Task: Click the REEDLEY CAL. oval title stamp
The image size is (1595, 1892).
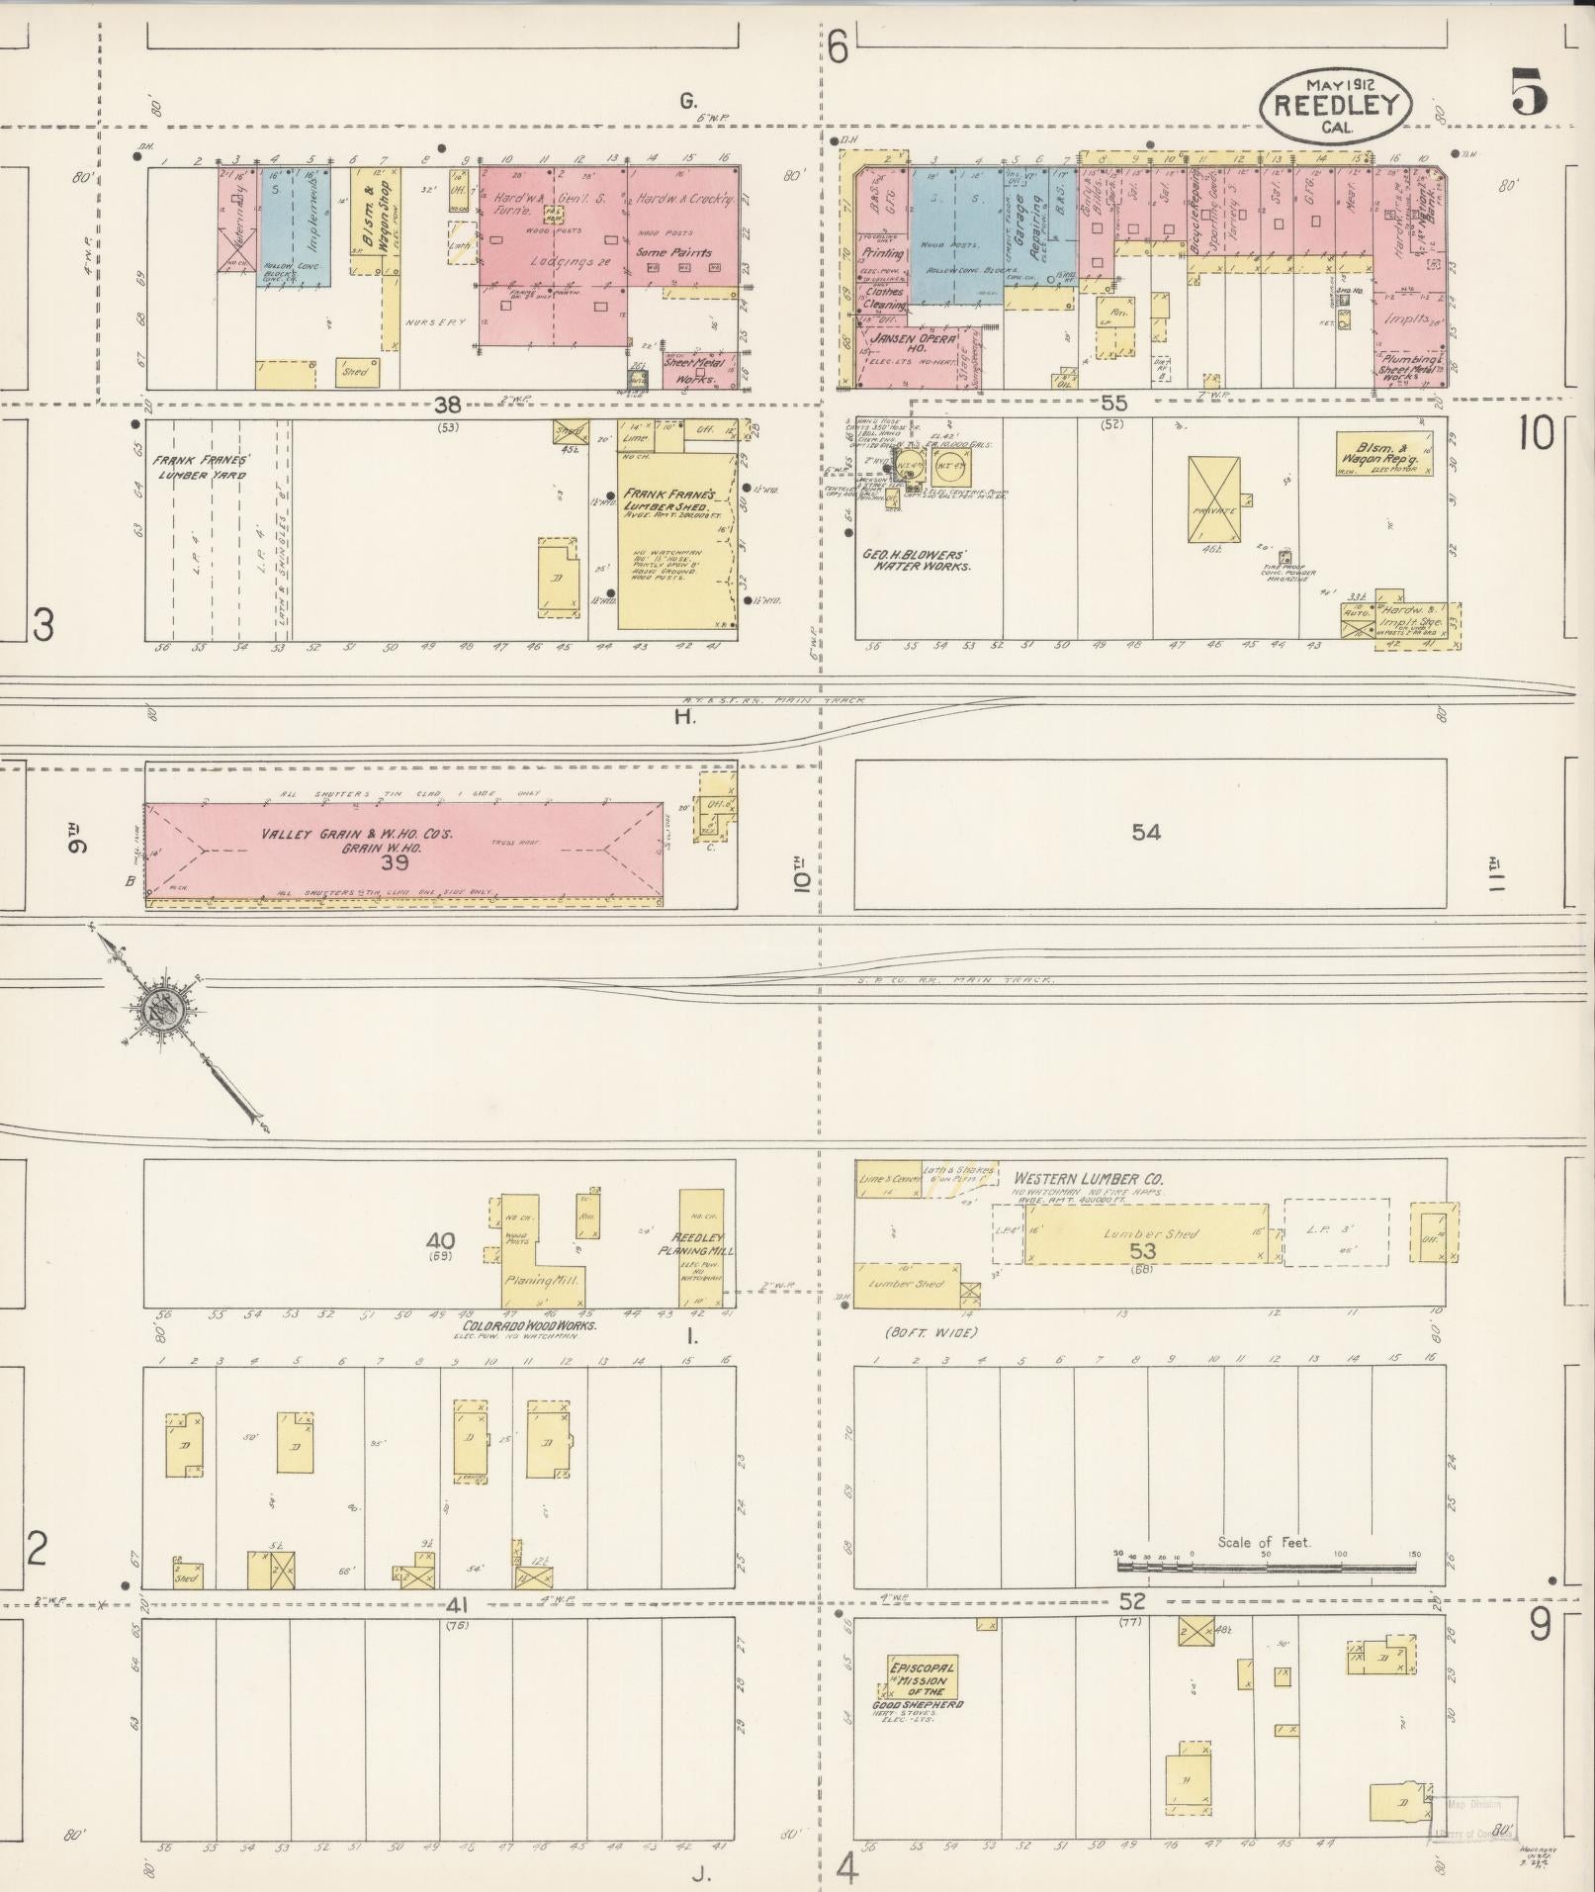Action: tap(1335, 104)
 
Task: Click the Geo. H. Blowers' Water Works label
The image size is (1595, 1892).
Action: tap(916, 561)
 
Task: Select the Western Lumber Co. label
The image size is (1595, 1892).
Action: tap(1088, 1179)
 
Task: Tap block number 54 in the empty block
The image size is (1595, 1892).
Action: tap(1146, 833)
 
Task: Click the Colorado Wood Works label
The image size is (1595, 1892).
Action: tap(529, 1324)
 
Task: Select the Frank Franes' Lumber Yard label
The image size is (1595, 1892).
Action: tap(200, 467)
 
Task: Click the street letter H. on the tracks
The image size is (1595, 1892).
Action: tap(684, 716)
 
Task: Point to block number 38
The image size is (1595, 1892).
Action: tap(449, 404)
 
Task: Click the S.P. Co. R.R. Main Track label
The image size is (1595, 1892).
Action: tap(955, 980)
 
